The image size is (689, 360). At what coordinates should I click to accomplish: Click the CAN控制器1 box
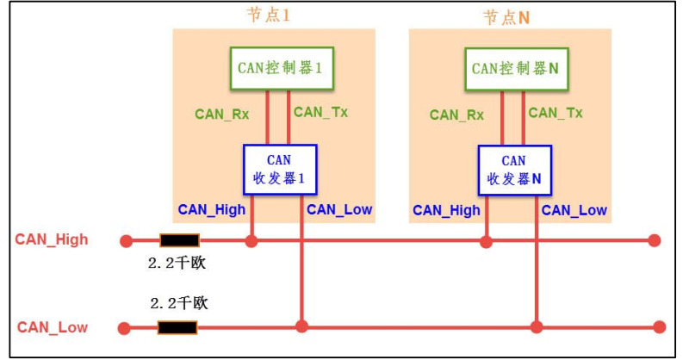[280, 68]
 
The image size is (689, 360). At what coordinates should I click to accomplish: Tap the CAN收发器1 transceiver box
[280, 170]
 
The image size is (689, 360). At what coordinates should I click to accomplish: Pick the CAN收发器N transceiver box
[514, 170]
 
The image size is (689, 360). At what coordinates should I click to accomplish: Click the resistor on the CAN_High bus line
[180, 240]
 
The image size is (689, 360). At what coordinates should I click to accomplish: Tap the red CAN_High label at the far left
[52, 239]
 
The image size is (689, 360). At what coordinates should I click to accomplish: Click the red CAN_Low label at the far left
[53, 327]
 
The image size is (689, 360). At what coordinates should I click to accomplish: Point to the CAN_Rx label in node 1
[221, 114]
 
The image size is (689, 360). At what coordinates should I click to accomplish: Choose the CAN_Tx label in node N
[556, 113]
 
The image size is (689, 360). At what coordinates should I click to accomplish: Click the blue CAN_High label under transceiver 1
[212, 209]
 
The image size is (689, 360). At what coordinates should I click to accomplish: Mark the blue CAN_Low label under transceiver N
[574, 210]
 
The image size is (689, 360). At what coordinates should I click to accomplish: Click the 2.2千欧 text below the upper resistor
[177, 264]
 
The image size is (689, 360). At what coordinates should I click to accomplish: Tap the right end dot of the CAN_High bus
[655, 240]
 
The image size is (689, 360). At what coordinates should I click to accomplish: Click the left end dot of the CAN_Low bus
[125, 327]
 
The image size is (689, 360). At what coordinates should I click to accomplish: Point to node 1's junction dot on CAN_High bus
[251, 240]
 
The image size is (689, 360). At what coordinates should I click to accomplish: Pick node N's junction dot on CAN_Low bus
[537, 327]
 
